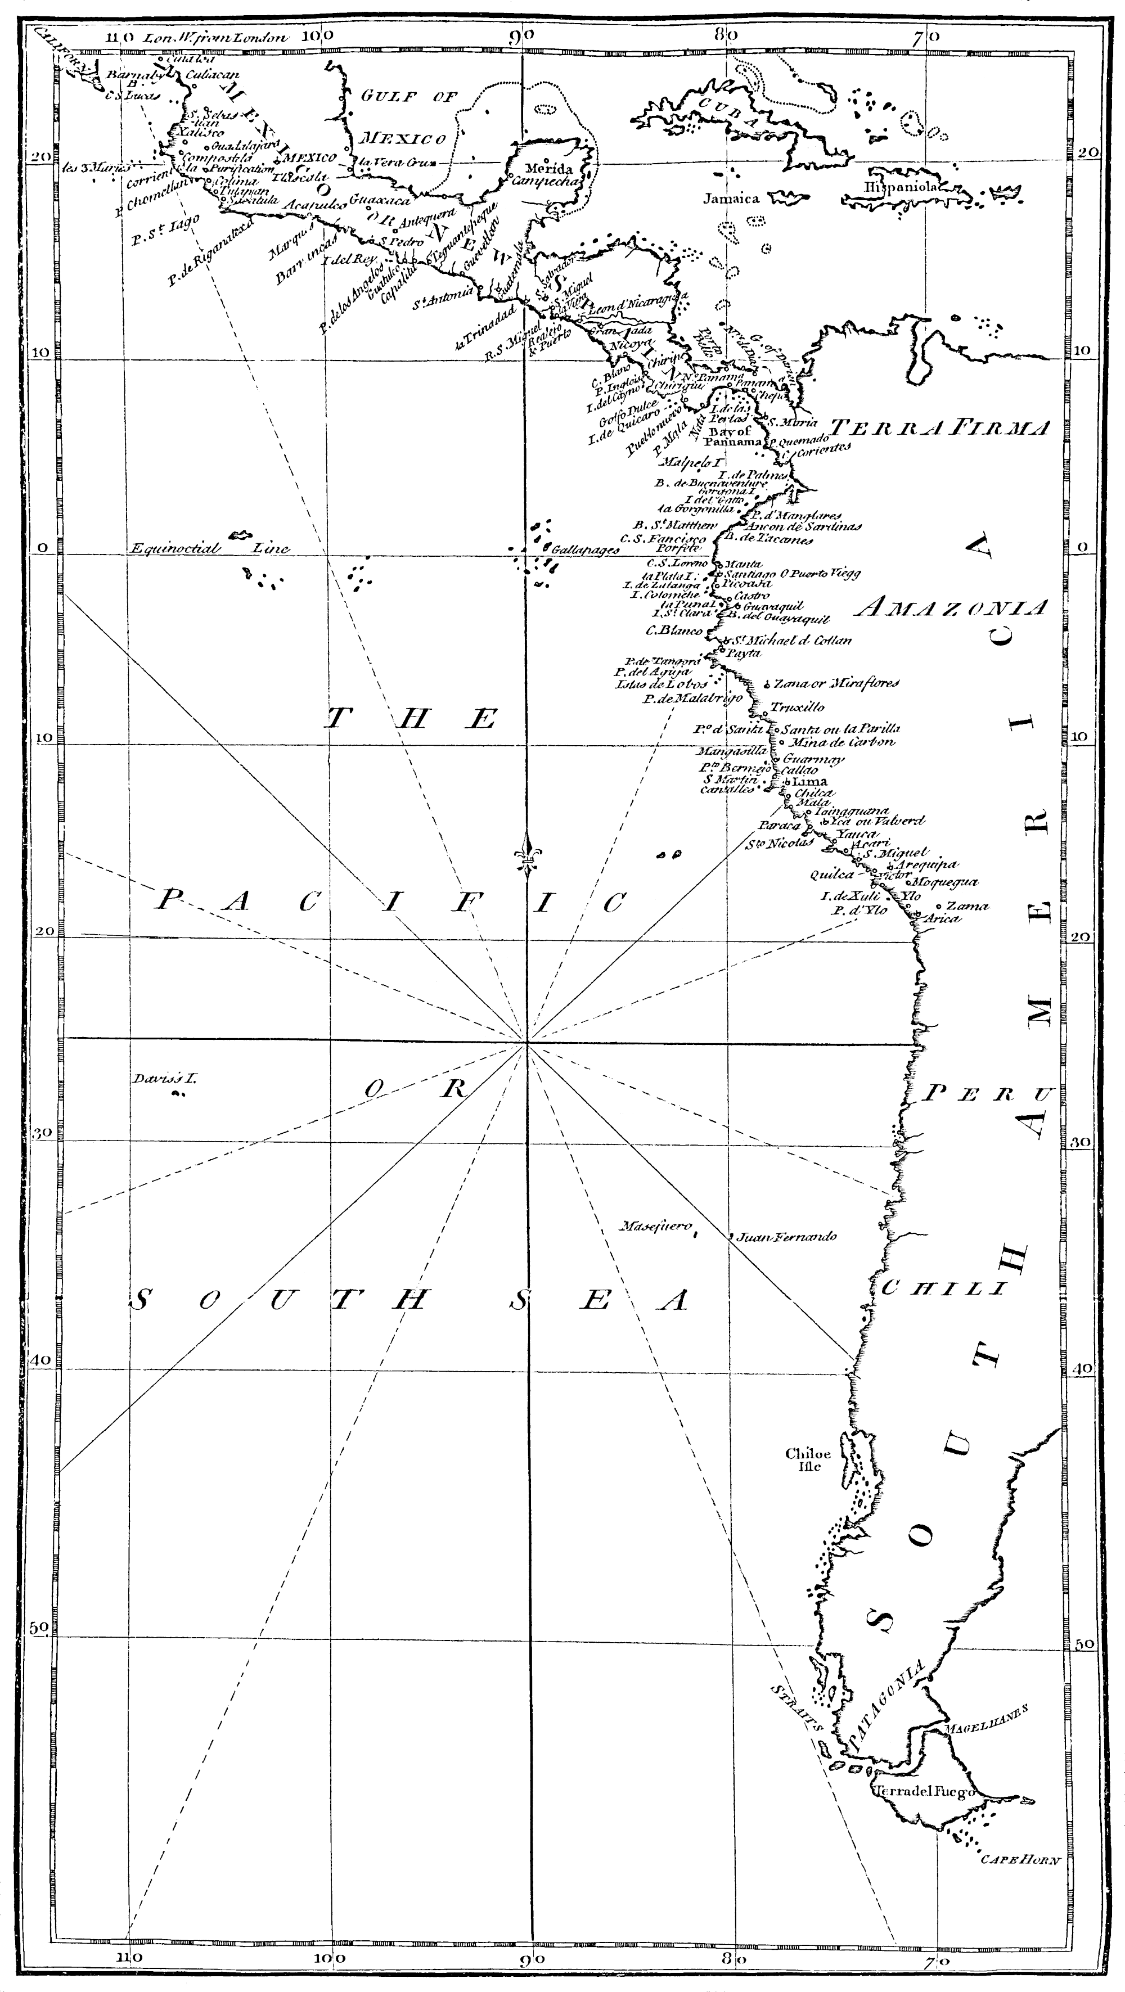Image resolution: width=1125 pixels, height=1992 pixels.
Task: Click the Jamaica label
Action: click(x=731, y=199)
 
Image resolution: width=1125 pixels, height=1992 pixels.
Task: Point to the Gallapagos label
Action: click(x=586, y=550)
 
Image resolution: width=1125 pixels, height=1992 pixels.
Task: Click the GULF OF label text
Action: click(x=409, y=97)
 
